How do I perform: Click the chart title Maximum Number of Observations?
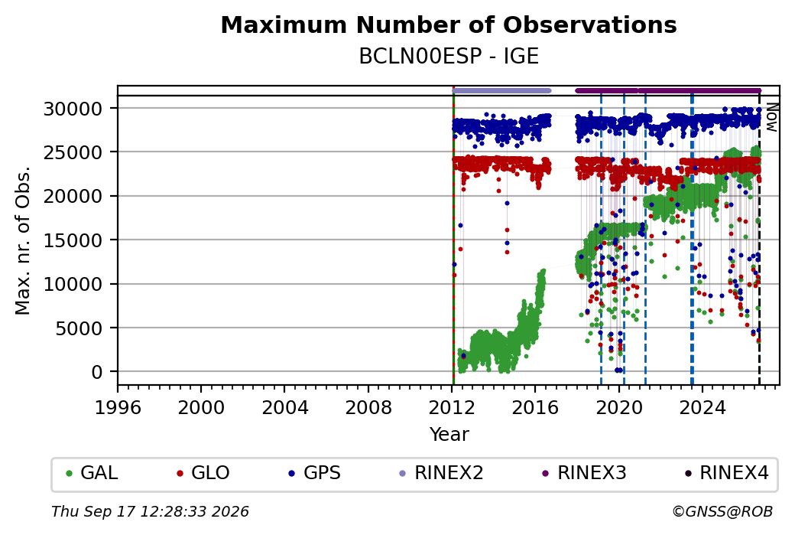click(449, 24)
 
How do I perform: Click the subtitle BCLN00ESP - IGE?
click(449, 57)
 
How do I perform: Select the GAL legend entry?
click(92, 473)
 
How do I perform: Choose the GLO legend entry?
click(203, 473)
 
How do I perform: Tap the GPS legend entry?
click(314, 473)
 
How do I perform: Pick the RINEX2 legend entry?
click(441, 473)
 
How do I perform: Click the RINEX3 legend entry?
click(584, 473)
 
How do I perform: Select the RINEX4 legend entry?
click(726, 473)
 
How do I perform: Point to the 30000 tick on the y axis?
click(73, 109)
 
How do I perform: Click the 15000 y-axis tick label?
click(73, 240)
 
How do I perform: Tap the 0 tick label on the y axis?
click(97, 372)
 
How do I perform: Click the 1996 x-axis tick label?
click(118, 408)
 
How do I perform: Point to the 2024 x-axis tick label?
click(703, 408)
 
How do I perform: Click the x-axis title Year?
click(449, 435)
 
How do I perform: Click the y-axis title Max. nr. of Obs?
click(23, 240)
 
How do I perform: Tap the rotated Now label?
click(771, 117)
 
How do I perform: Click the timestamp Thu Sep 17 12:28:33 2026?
click(150, 511)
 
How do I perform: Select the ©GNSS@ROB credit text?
click(722, 511)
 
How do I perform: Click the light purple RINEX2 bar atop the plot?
click(501, 91)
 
